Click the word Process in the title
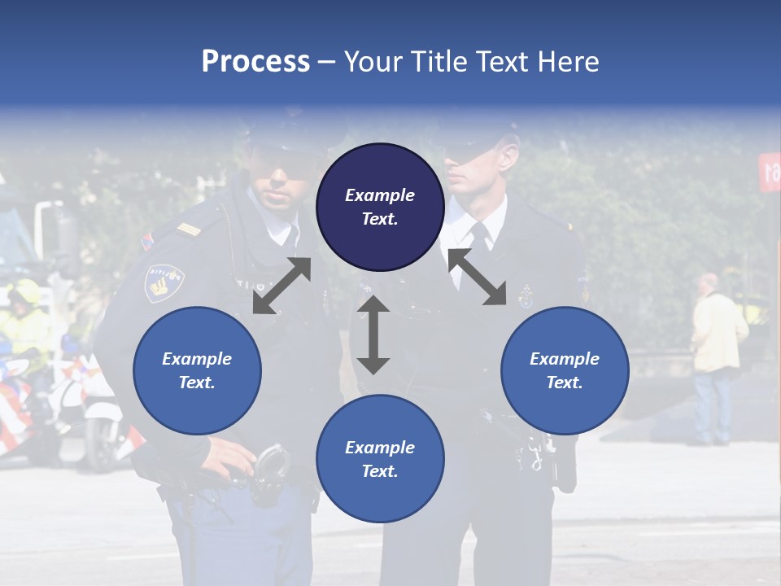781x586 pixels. click(x=255, y=62)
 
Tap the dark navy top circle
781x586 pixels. click(x=380, y=208)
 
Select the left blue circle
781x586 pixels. click(x=197, y=370)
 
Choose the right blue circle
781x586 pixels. click(x=565, y=370)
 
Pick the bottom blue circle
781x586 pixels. click(x=380, y=459)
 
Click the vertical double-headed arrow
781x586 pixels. click(x=373, y=335)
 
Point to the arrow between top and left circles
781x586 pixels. click(x=281, y=286)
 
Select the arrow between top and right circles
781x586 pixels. click(x=478, y=277)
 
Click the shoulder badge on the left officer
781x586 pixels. click(x=164, y=282)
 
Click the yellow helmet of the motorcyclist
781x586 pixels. click(x=24, y=291)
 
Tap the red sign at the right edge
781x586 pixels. click(x=770, y=172)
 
